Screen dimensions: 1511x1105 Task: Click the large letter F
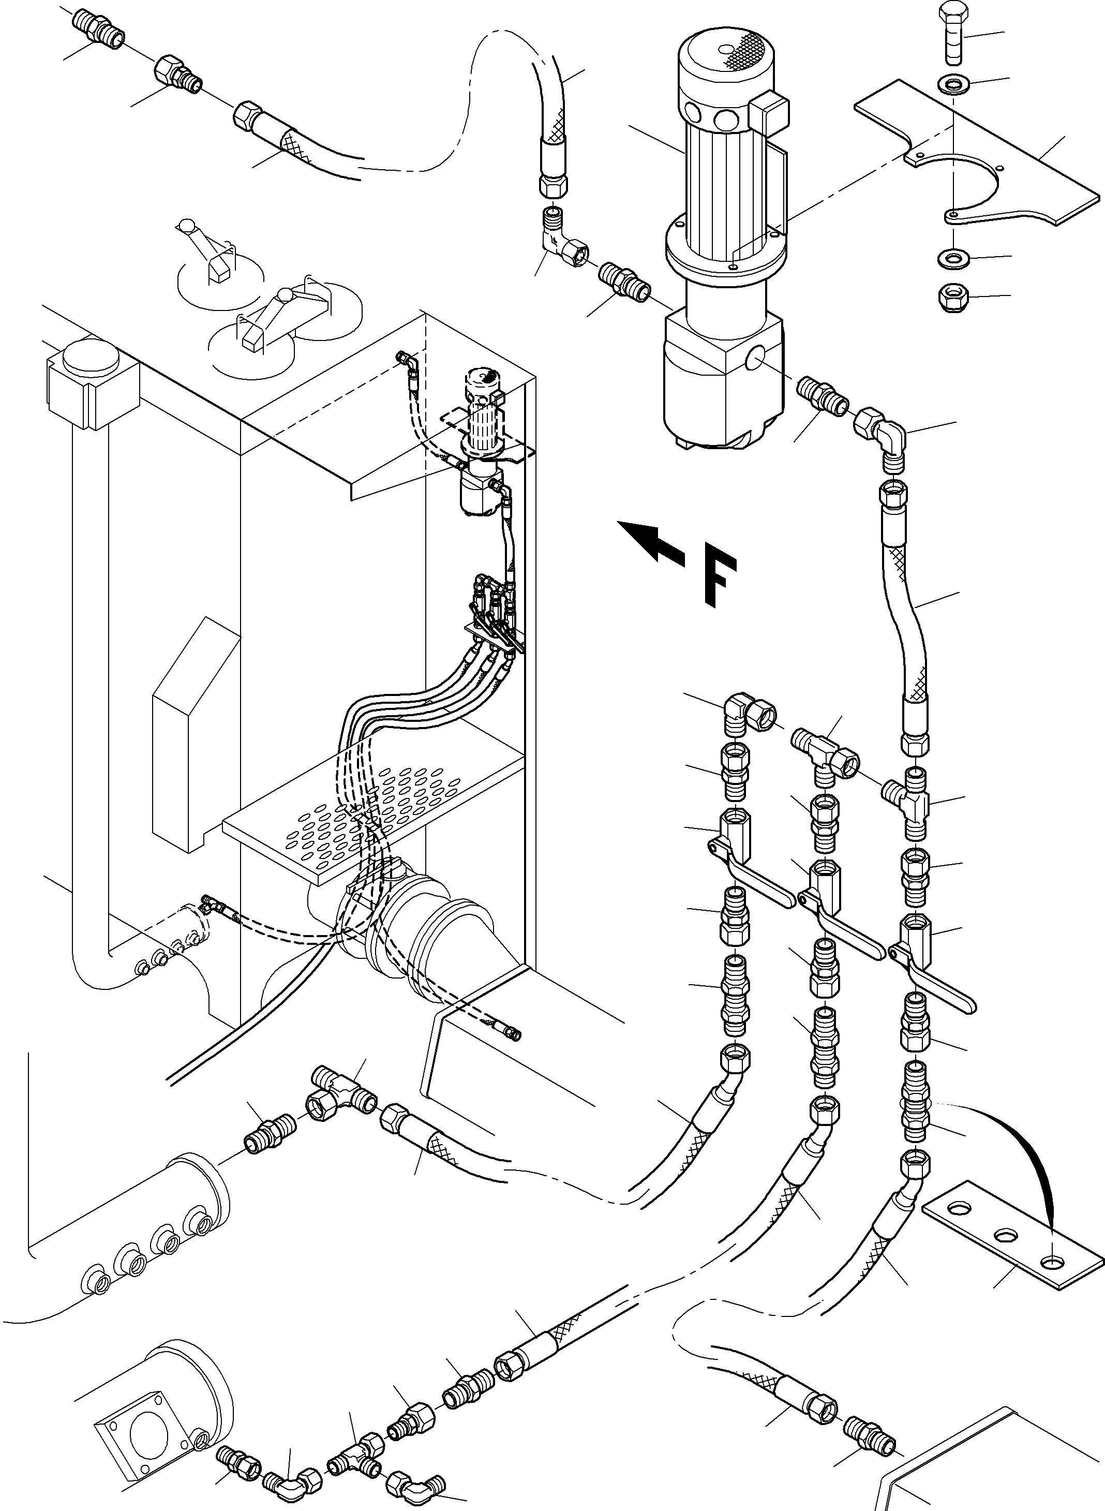[720, 579]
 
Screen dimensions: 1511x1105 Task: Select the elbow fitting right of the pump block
[880, 434]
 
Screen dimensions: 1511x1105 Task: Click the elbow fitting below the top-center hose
[562, 245]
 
